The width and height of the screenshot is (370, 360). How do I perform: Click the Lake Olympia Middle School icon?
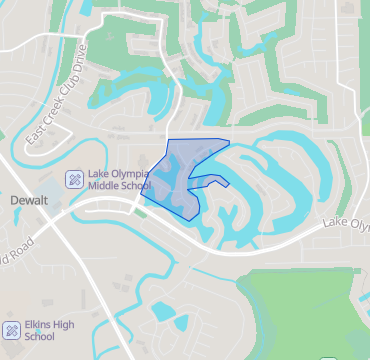73,179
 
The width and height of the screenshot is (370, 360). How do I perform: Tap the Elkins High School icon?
12,329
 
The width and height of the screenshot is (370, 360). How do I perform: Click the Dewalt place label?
29,200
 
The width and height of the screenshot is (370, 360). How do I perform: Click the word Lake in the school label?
99,172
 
